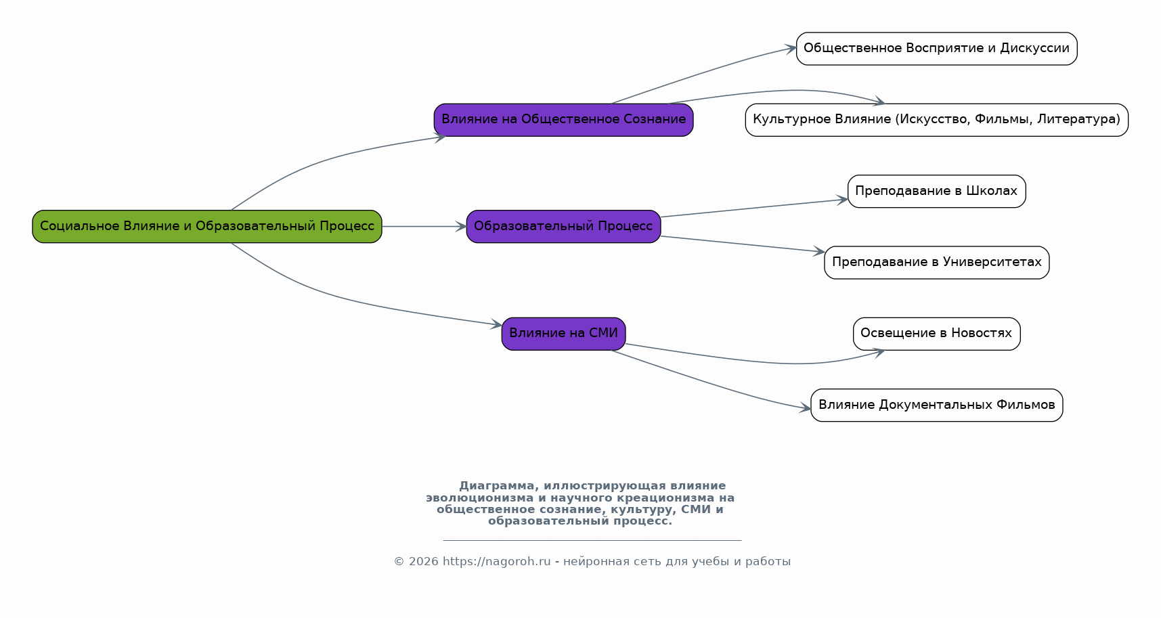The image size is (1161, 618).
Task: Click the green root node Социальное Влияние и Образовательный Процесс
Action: [x=207, y=227]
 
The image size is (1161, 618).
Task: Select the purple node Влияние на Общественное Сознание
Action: [x=563, y=120]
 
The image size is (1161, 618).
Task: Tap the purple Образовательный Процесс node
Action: [x=563, y=227]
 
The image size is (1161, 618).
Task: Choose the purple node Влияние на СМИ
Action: [x=563, y=334]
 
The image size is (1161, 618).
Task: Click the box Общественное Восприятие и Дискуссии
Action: [x=936, y=49]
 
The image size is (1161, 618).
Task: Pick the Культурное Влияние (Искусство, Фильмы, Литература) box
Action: [x=936, y=120]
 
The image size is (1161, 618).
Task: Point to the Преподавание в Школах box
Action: [x=936, y=191]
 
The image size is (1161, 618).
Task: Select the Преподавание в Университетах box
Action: [x=936, y=263]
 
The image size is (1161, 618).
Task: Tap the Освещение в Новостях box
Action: [x=936, y=334]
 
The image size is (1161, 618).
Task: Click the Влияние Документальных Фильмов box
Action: [x=936, y=405]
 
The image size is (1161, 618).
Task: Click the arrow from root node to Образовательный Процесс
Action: [x=424, y=227]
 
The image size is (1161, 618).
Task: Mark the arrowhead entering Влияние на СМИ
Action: [x=496, y=324]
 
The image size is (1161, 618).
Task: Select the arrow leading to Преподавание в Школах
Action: [x=754, y=208]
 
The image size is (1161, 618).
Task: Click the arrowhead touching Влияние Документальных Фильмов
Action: [x=806, y=407]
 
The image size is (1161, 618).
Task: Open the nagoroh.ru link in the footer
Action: [x=497, y=562]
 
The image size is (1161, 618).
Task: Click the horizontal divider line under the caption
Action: [x=592, y=540]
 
